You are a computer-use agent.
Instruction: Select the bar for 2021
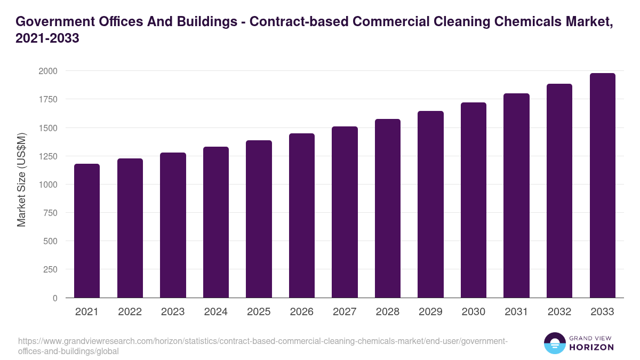[87, 230]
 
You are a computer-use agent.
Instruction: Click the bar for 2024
[215, 222]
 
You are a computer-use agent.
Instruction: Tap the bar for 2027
[345, 212]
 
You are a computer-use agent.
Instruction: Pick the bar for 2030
[474, 200]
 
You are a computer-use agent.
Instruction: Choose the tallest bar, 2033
[602, 185]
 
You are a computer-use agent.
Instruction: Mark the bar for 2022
[130, 228]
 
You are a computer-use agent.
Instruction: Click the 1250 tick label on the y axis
[48, 156]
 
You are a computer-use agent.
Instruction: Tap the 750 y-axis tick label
[51, 213]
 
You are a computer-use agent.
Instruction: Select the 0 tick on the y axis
[55, 298]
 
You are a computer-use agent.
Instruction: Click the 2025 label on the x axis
[259, 312]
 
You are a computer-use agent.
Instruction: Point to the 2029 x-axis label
[430, 312]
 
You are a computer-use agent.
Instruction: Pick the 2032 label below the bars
[559, 312]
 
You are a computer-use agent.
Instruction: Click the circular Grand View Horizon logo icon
[555, 343]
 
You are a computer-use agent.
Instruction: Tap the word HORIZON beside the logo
[591, 347]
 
